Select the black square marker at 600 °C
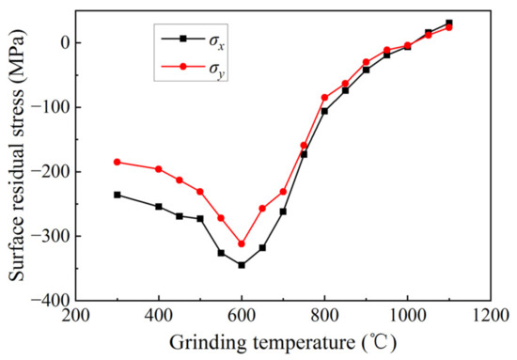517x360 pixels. (x=242, y=265)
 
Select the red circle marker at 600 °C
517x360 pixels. (x=242, y=243)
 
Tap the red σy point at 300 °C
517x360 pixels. (x=117, y=162)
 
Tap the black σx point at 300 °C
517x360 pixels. (x=117, y=195)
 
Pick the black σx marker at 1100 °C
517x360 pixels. (x=448, y=23)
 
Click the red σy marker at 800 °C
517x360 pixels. (x=324, y=97)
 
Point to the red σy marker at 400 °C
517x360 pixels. (x=159, y=169)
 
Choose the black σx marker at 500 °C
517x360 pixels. (x=200, y=219)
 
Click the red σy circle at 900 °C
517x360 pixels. (x=366, y=62)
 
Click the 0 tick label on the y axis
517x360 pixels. (x=63, y=42)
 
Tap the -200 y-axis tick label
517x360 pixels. (x=52, y=171)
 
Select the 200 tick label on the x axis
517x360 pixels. (x=76, y=317)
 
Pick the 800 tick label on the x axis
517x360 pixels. (x=324, y=317)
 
